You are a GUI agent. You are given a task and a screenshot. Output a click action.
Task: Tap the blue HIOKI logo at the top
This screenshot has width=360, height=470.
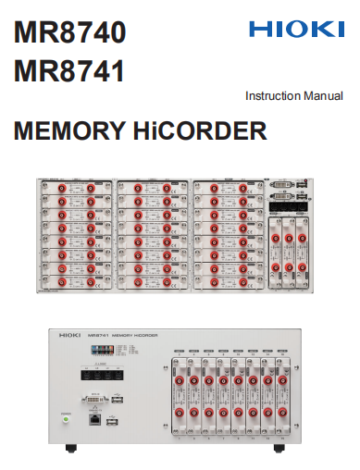pyautogui.click(x=295, y=30)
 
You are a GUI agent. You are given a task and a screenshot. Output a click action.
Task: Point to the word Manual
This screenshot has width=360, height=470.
pyautogui.click(x=325, y=95)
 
